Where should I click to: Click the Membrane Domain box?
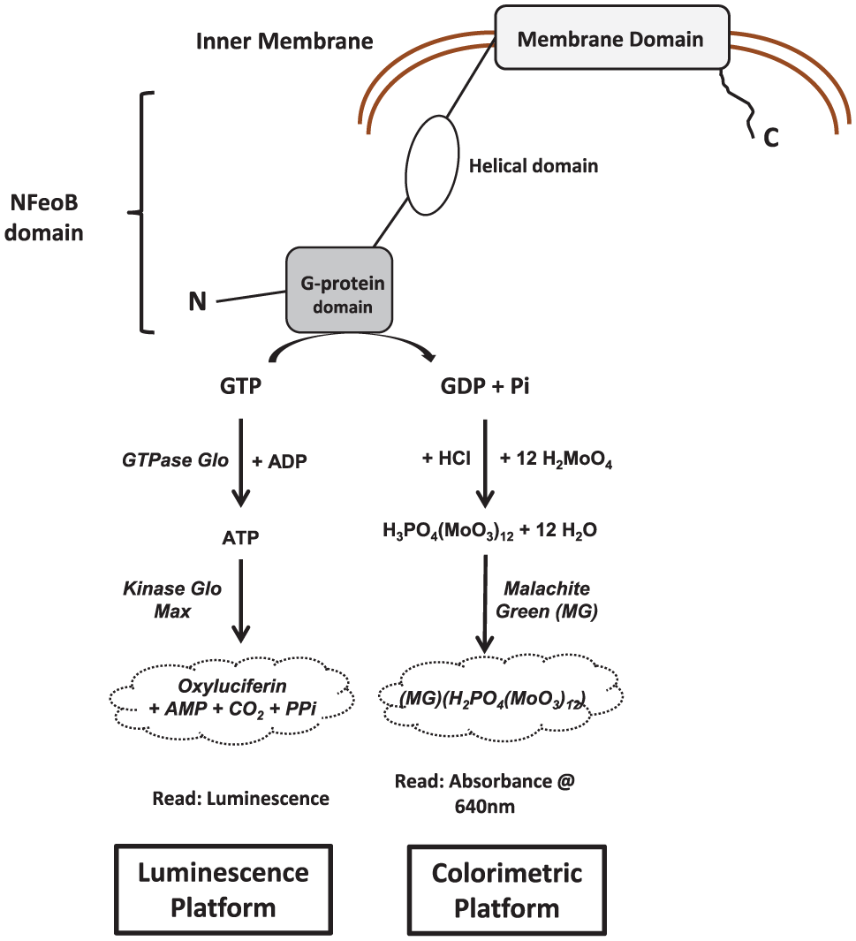pos(612,37)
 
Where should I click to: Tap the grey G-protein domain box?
pos(339,290)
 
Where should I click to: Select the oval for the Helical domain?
pos(433,165)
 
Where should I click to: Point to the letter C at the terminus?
pos(771,138)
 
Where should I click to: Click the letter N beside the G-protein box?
pos(197,301)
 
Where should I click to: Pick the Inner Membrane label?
pos(284,41)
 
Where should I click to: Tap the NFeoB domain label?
pos(44,217)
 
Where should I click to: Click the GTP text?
pos(240,386)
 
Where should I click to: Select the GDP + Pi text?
pos(485,386)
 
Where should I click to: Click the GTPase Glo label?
pos(175,460)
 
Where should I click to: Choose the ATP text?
pos(240,537)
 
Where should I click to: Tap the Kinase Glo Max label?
pos(172,600)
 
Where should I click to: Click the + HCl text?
pos(446,459)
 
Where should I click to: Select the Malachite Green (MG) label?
pos(547,600)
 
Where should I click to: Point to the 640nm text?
pos(485,806)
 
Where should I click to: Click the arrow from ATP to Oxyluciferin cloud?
pos(240,601)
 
